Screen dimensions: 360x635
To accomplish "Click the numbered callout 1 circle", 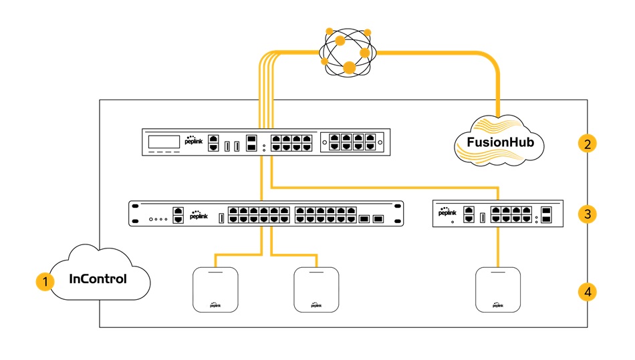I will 45,282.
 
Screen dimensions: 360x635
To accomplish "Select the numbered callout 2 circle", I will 586,144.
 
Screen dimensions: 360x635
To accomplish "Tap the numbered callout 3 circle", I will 586,214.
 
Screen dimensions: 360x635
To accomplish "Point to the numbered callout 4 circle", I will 586,292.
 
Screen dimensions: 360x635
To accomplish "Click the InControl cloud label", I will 98,279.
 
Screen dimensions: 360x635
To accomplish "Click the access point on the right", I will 498,289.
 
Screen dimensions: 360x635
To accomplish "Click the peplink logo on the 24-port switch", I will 198,215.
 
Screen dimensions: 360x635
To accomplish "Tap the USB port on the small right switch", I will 481,216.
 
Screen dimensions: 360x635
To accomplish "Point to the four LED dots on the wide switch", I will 158,218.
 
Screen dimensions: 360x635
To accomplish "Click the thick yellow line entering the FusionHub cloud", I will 499,94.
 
